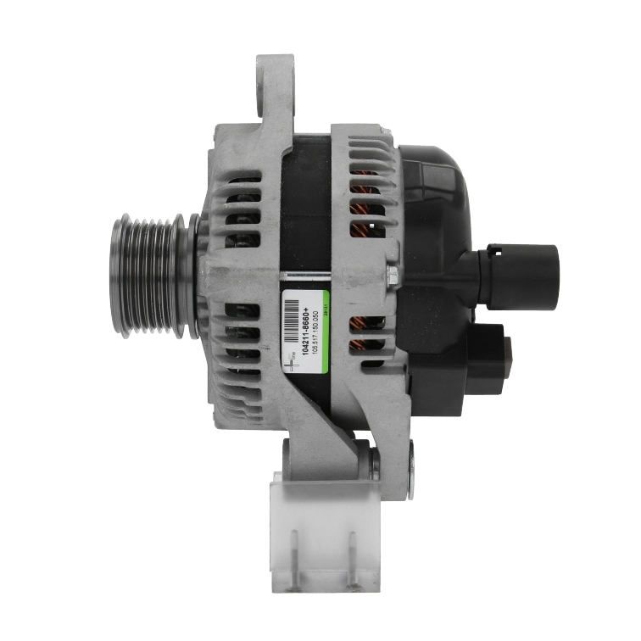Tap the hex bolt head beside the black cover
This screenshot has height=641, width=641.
pos(392,274)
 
